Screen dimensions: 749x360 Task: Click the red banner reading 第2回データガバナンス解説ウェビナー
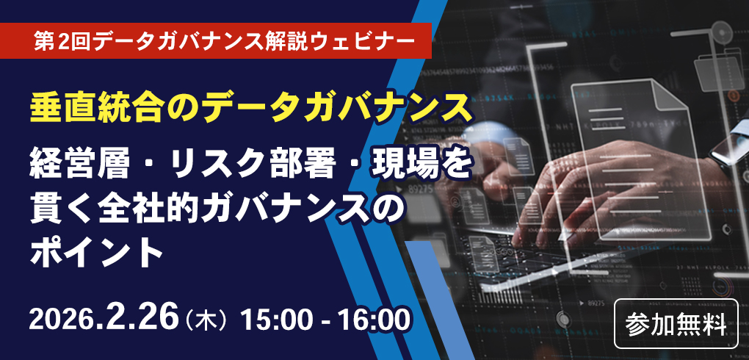pyautogui.click(x=216, y=40)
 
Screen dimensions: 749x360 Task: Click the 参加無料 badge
pyautogui.click(x=676, y=324)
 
